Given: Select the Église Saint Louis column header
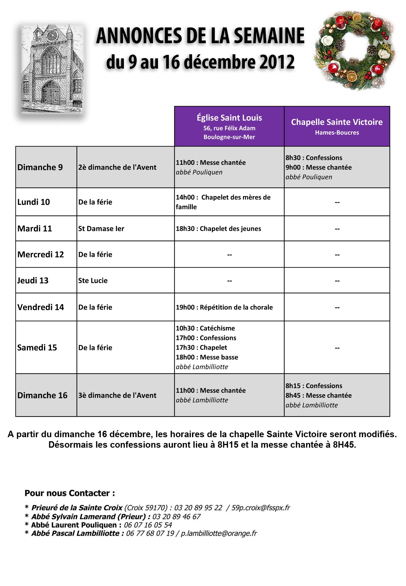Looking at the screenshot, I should click(x=229, y=126).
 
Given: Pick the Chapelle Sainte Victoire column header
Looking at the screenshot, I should click(x=337, y=126).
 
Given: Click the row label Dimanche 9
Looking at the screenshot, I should click(x=40, y=167).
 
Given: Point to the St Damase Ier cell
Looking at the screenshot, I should click(x=101, y=229).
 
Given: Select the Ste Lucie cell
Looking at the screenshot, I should click(x=93, y=281).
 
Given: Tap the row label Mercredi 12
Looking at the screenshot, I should click(x=41, y=254).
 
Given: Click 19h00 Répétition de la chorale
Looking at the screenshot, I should click(x=224, y=307).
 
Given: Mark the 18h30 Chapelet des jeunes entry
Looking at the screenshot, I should click(x=218, y=229).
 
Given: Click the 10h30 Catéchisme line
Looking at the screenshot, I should click(x=205, y=328).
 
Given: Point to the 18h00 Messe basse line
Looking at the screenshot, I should click(x=207, y=357).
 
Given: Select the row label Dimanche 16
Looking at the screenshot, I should click(x=42, y=395).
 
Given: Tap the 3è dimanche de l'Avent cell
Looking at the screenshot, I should click(x=117, y=395).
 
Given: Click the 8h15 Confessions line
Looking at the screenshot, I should click(x=314, y=386).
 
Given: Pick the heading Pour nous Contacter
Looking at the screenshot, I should click(x=70, y=493).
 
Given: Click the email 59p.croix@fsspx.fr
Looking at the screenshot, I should click(x=261, y=508).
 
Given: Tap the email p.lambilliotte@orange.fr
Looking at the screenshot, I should click(x=219, y=533).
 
